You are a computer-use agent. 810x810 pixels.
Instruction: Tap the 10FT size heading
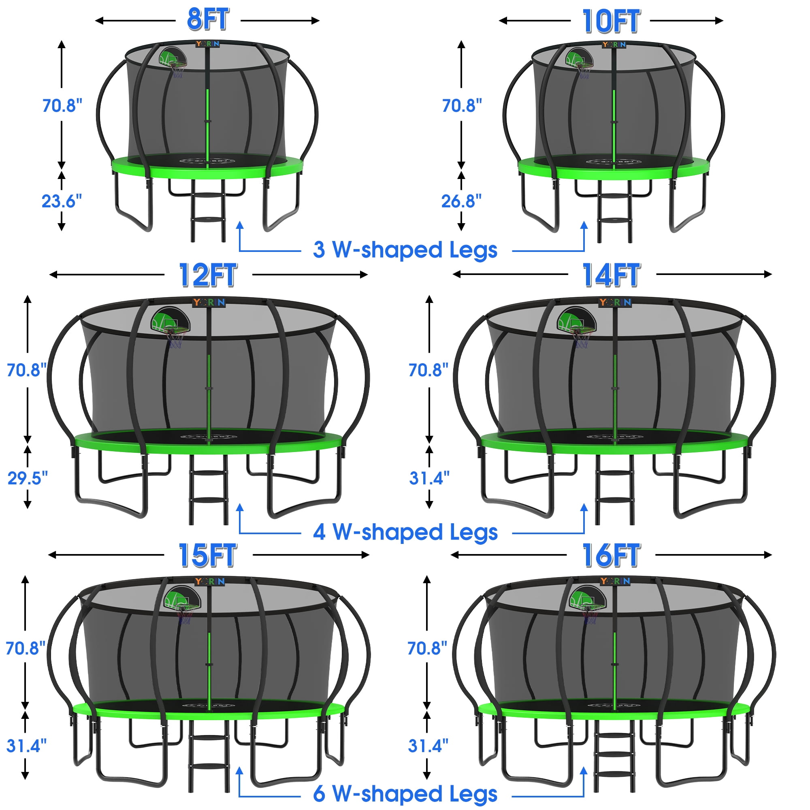coord(611,21)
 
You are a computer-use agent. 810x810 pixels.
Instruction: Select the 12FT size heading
coord(208,275)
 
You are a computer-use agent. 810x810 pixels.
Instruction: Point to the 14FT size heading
coord(611,275)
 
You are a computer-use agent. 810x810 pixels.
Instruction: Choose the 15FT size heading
coord(208,555)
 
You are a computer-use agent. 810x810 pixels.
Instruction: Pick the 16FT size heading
coord(611,555)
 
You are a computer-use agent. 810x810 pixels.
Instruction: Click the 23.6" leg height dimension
coord(62,201)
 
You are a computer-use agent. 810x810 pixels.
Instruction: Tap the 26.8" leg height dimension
coord(461,201)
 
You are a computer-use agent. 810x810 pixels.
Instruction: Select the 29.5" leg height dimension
coord(28,478)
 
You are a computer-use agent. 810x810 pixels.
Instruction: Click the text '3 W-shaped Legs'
coord(405,250)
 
